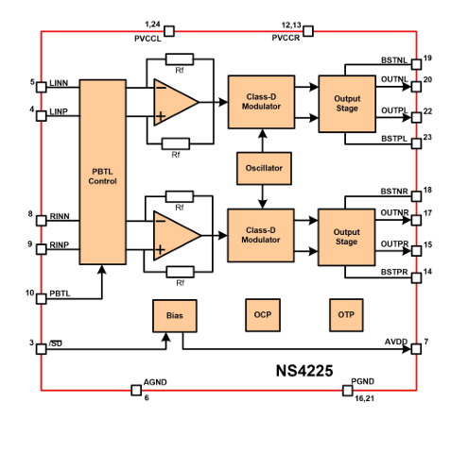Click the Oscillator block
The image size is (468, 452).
(x=264, y=168)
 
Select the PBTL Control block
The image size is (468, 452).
(x=102, y=172)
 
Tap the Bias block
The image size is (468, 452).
(x=175, y=315)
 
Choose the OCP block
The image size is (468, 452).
(x=263, y=315)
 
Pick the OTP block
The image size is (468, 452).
(x=346, y=315)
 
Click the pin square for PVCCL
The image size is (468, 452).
(x=169, y=31)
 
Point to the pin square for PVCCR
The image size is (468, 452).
(x=308, y=31)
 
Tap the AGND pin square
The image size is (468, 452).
(x=136, y=391)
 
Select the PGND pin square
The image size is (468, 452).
(x=347, y=391)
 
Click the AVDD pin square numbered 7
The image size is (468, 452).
(x=416, y=349)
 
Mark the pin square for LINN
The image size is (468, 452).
(x=42, y=87)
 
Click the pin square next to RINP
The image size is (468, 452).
(x=42, y=249)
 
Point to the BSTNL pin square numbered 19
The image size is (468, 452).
(x=416, y=64)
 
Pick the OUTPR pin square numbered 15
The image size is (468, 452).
(x=416, y=251)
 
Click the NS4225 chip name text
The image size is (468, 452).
(x=304, y=371)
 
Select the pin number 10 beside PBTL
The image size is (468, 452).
(x=30, y=293)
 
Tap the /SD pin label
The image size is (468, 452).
(x=56, y=343)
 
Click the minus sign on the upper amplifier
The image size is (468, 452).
(x=161, y=88)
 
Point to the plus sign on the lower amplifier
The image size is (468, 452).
(x=161, y=250)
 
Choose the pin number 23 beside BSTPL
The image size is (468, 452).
(x=427, y=137)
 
